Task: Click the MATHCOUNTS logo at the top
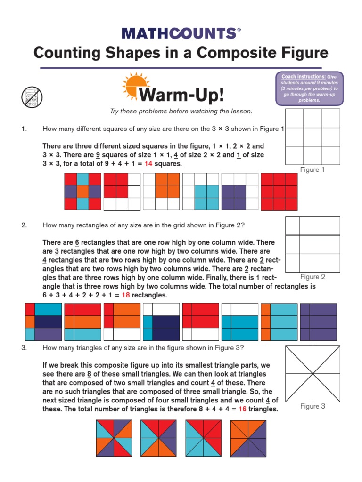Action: click(x=181, y=33)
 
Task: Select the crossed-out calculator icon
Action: click(x=32, y=97)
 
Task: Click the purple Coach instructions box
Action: click(x=309, y=88)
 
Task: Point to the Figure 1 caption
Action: click(x=313, y=170)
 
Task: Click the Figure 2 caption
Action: click(x=313, y=277)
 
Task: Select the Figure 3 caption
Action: click(x=313, y=406)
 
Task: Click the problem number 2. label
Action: click(x=24, y=225)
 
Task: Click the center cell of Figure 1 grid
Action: click(x=313, y=137)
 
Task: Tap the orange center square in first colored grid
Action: click(x=82, y=192)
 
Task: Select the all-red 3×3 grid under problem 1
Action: click(x=279, y=192)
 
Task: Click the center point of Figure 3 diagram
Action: click(x=313, y=373)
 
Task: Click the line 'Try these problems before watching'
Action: click(x=181, y=111)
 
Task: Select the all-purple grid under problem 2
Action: click(x=318, y=322)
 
